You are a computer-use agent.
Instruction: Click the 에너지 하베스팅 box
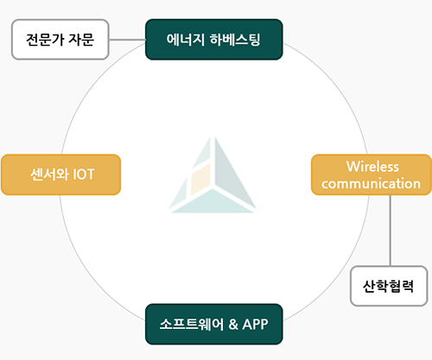pos(214,40)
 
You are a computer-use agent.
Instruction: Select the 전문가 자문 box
pos(60,40)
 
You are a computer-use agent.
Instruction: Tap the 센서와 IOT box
pos(60,174)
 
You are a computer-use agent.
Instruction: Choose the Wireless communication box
pos(372,174)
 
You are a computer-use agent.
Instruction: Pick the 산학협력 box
pos(389,286)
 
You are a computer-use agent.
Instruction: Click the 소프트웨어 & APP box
pos(214,324)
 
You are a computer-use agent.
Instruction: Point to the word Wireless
pos(372,167)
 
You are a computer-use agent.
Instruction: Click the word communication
pos(371,184)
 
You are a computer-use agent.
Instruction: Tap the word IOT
pos(84,174)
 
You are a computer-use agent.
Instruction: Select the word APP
pos(255,325)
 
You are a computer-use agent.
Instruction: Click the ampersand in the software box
pos(233,325)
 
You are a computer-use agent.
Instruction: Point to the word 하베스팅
pos(235,40)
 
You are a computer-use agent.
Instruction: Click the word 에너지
pos(186,40)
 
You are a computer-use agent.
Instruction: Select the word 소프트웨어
pos(192,325)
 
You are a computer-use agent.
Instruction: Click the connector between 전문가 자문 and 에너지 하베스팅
pos(127,40)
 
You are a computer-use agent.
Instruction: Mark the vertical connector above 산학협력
pos(391,231)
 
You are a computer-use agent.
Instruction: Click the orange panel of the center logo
pos(200,180)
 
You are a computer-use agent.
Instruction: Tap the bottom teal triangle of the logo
pos(213,201)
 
